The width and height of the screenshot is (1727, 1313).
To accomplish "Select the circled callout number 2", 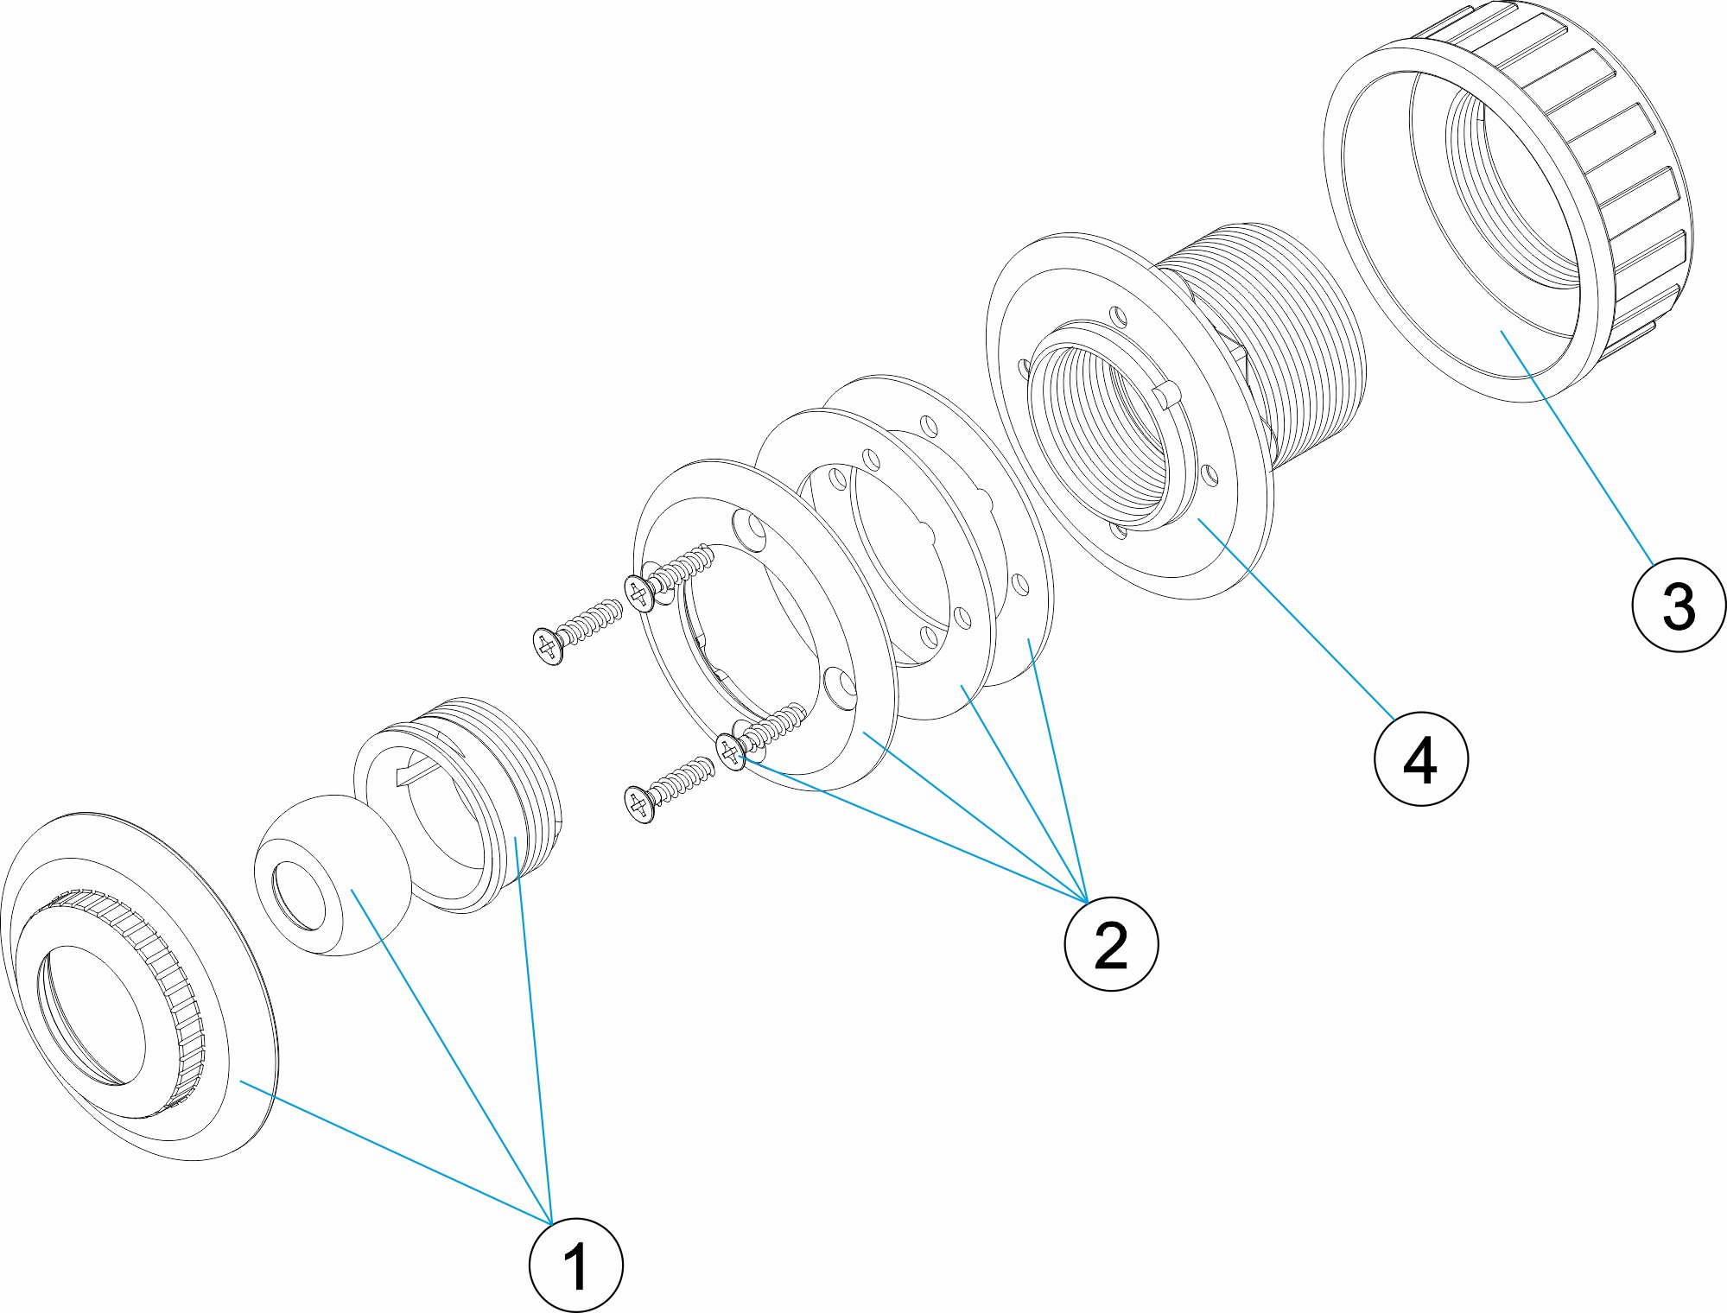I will [x=1110, y=943].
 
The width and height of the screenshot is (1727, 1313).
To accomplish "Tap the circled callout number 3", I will [x=1679, y=605].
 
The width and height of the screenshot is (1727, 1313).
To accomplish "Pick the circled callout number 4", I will [x=1420, y=758].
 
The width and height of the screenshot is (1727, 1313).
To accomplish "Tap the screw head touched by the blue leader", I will [x=732, y=752].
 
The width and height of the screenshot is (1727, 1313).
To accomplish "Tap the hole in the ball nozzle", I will [x=298, y=898].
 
